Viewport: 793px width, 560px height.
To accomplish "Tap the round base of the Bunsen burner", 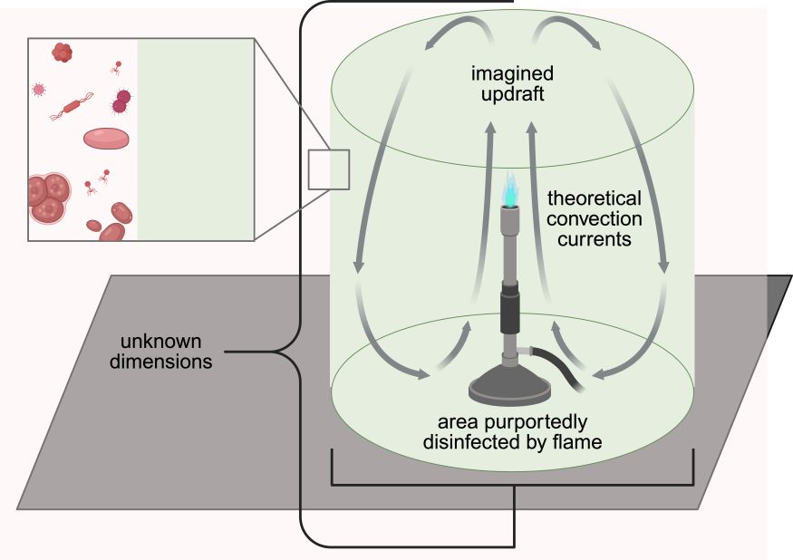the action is (509, 386).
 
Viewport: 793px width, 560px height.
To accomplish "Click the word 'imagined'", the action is (512, 73).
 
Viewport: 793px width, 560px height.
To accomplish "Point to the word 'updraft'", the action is (512, 94).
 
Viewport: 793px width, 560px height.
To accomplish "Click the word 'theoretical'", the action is (595, 198).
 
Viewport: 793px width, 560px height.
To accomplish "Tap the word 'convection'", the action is (595, 218).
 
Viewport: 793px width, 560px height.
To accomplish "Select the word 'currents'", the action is (595, 239).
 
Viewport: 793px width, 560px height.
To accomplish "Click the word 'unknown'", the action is (160, 341).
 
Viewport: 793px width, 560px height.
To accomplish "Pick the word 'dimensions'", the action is (160, 362).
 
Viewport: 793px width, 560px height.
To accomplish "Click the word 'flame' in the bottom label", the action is (577, 441).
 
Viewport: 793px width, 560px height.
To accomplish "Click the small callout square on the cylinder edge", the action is (329, 169).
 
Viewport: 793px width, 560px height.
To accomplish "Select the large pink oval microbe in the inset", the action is (106, 138).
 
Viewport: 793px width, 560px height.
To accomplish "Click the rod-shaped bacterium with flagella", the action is (72, 106).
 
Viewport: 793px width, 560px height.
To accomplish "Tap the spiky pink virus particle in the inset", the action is (38, 90).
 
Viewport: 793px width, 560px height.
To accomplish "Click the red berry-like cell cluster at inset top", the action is (63, 53).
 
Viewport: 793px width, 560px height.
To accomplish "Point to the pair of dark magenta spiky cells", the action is (121, 101).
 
